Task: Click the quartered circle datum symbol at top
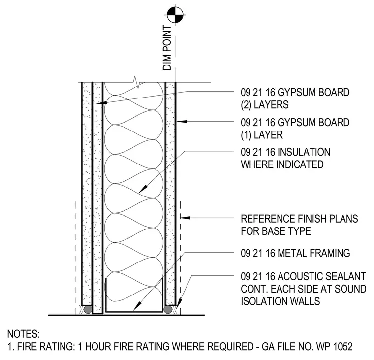(x=176, y=15)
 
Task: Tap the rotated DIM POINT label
(x=167, y=48)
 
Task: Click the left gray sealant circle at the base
(x=88, y=310)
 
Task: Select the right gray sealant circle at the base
(x=168, y=310)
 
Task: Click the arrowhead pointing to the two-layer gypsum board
(x=101, y=103)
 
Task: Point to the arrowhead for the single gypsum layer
(x=182, y=121)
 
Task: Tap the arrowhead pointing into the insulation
(x=143, y=189)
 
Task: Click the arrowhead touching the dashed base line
(x=186, y=218)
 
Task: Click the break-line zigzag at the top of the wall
(x=135, y=82)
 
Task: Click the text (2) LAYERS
(x=265, y=105)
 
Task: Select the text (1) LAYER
(x=262, y=135)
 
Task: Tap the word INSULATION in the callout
(x=304, y=152)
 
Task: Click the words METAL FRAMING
(x=314, y=253)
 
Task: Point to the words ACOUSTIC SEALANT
(x=322, y=276)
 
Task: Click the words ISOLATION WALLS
(x=280, y=301)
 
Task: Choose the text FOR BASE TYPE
(x=276, y=231)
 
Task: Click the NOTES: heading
(x=24, y=334)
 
